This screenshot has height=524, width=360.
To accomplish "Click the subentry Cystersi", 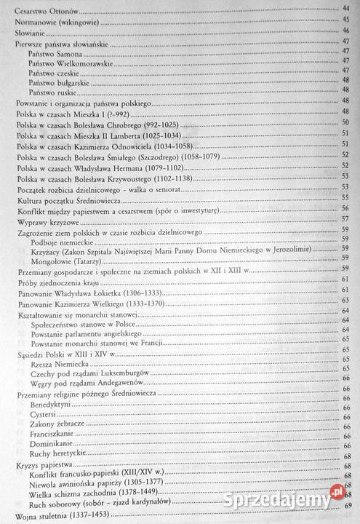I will pyautogui.click(x=43, y=412).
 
